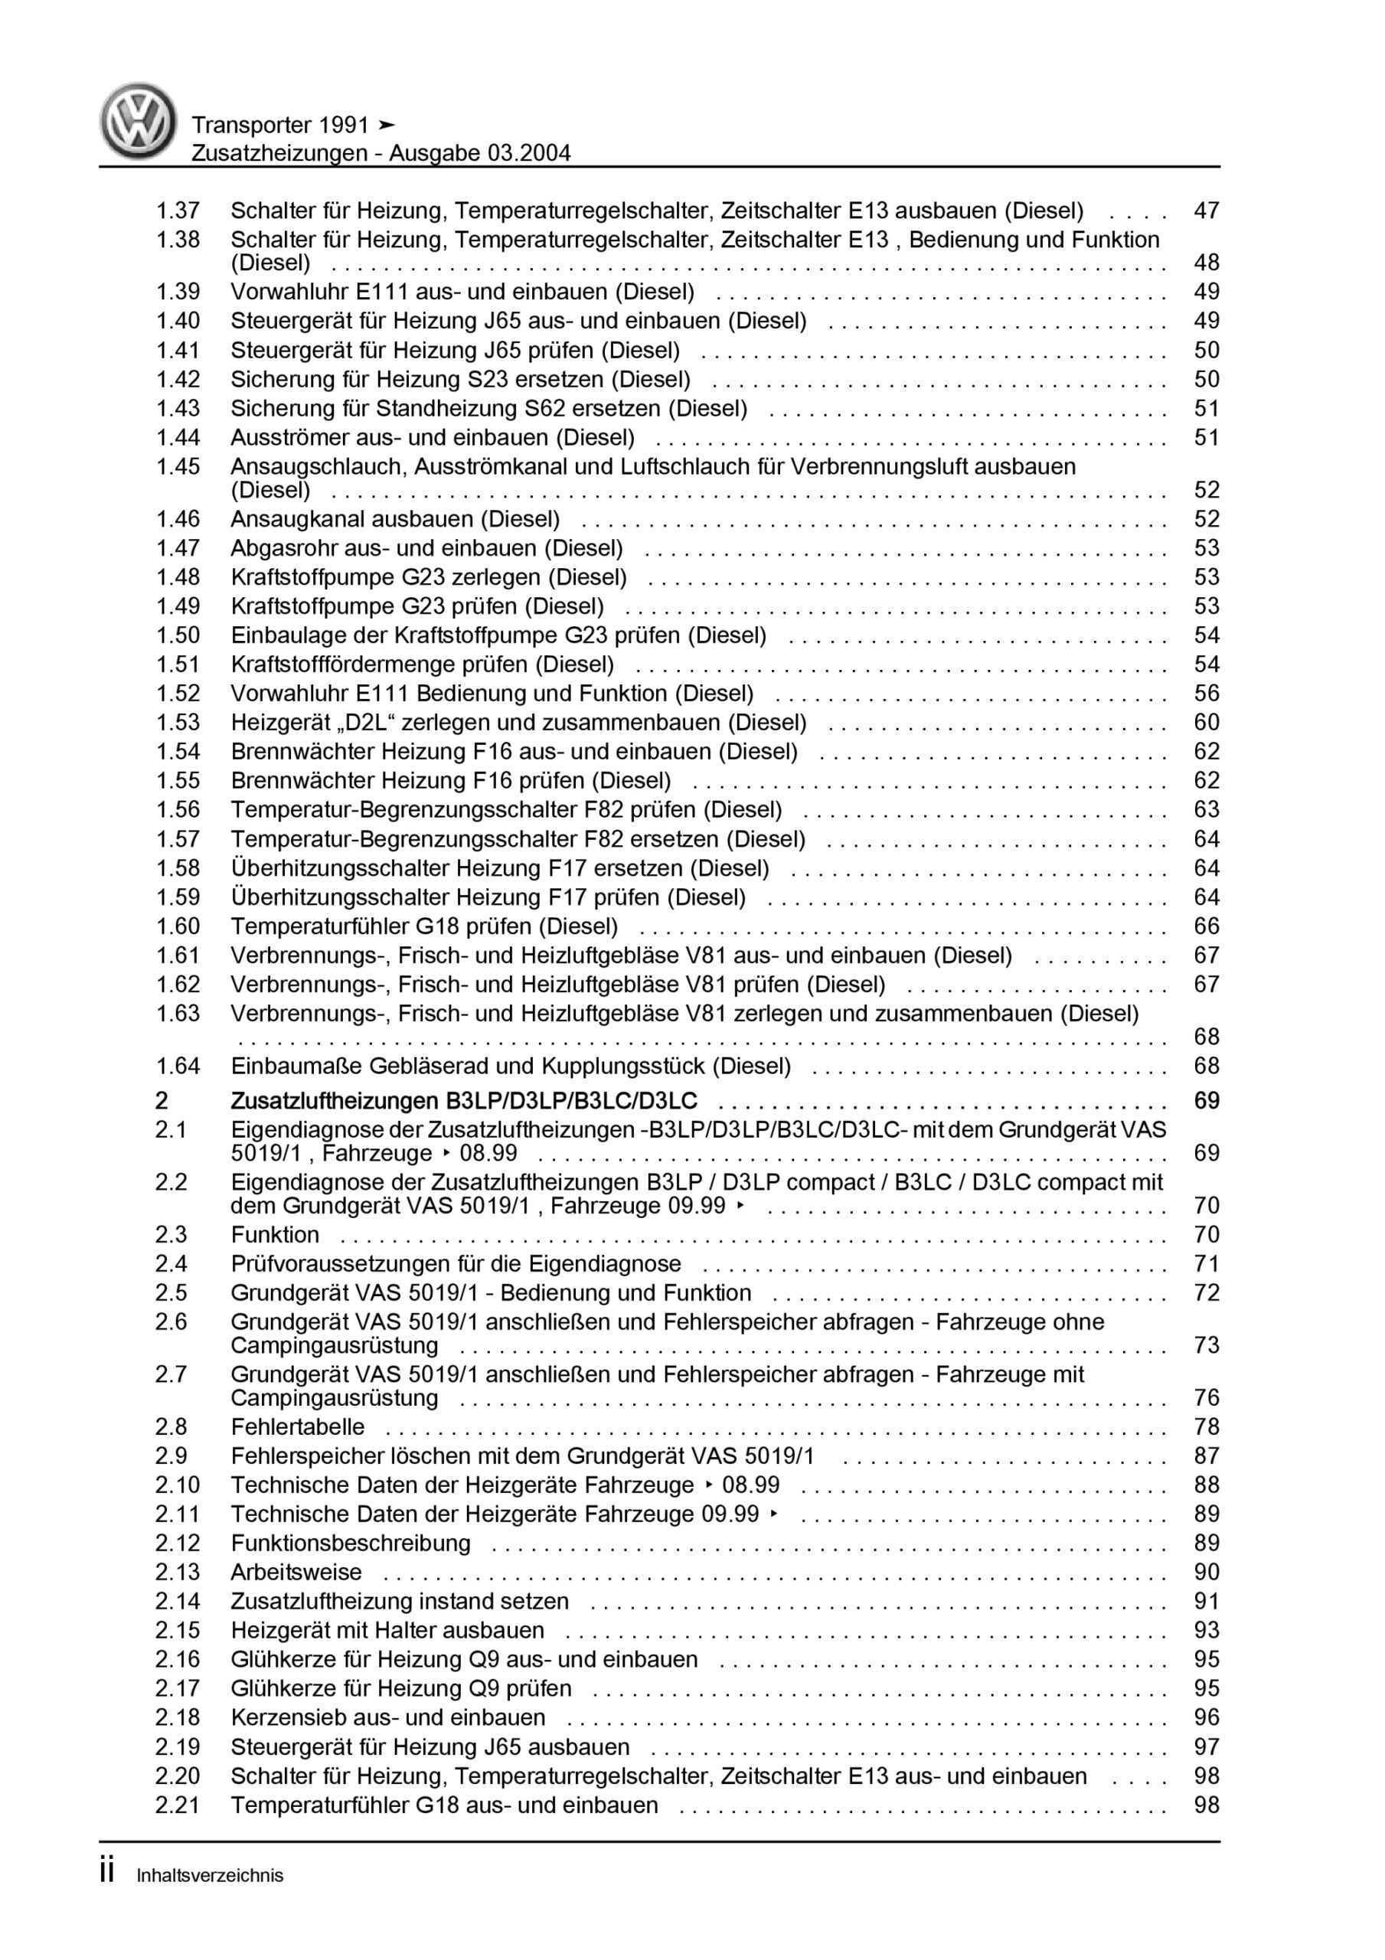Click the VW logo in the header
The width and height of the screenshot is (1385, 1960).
(x=139, y=121)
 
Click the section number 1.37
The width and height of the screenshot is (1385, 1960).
(x=178, y=211)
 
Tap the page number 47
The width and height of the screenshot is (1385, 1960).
(x=1207, y=211)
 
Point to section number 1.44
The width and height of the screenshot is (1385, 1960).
(x=178, y=438)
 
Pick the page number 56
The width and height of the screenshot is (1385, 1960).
(x=1207, y=693)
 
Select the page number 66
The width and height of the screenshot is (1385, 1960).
(x=1207, y=926)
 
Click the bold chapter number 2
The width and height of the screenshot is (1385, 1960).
(x=162, y=1101)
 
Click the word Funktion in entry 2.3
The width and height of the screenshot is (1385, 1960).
(x=275, y=1235)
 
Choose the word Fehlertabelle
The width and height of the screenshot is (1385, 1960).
(x=298, y=1427)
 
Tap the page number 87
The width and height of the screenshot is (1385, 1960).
(x=1207, y=1456)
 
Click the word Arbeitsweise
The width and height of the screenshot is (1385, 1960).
(x=296, y=1573)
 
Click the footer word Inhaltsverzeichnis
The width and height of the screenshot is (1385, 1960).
(x=210, y=1876)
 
